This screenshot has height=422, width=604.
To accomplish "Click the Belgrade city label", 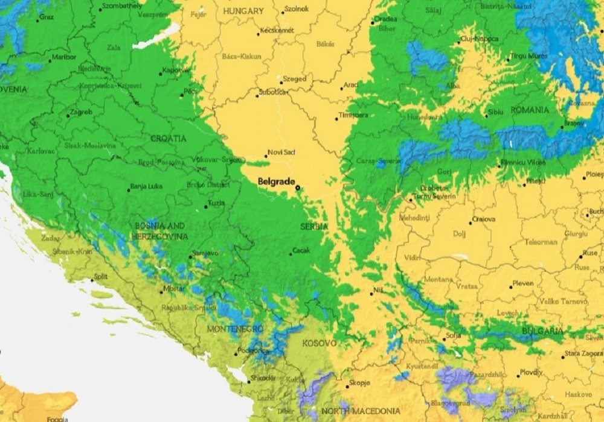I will point(276,181).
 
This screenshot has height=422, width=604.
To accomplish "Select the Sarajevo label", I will point(205,253).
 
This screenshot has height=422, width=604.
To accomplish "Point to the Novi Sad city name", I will point(281,153).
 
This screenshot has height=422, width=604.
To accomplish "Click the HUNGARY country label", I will point(243,11).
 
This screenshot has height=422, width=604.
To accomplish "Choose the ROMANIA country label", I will point(530,110).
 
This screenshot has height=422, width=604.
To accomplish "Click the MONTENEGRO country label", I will point(235,329).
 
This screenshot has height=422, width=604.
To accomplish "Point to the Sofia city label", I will point(453,335).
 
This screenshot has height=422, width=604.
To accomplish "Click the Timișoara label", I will point(354,115).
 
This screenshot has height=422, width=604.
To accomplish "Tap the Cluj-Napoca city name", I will point(480,39).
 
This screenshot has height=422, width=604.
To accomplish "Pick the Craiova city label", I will point(483,219).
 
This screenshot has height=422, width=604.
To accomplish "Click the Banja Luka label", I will point(147,186).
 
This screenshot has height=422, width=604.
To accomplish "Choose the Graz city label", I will point(47,17).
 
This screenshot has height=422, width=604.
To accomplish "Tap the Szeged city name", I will point(294,79).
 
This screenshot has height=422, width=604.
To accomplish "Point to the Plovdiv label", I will point(531,373).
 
